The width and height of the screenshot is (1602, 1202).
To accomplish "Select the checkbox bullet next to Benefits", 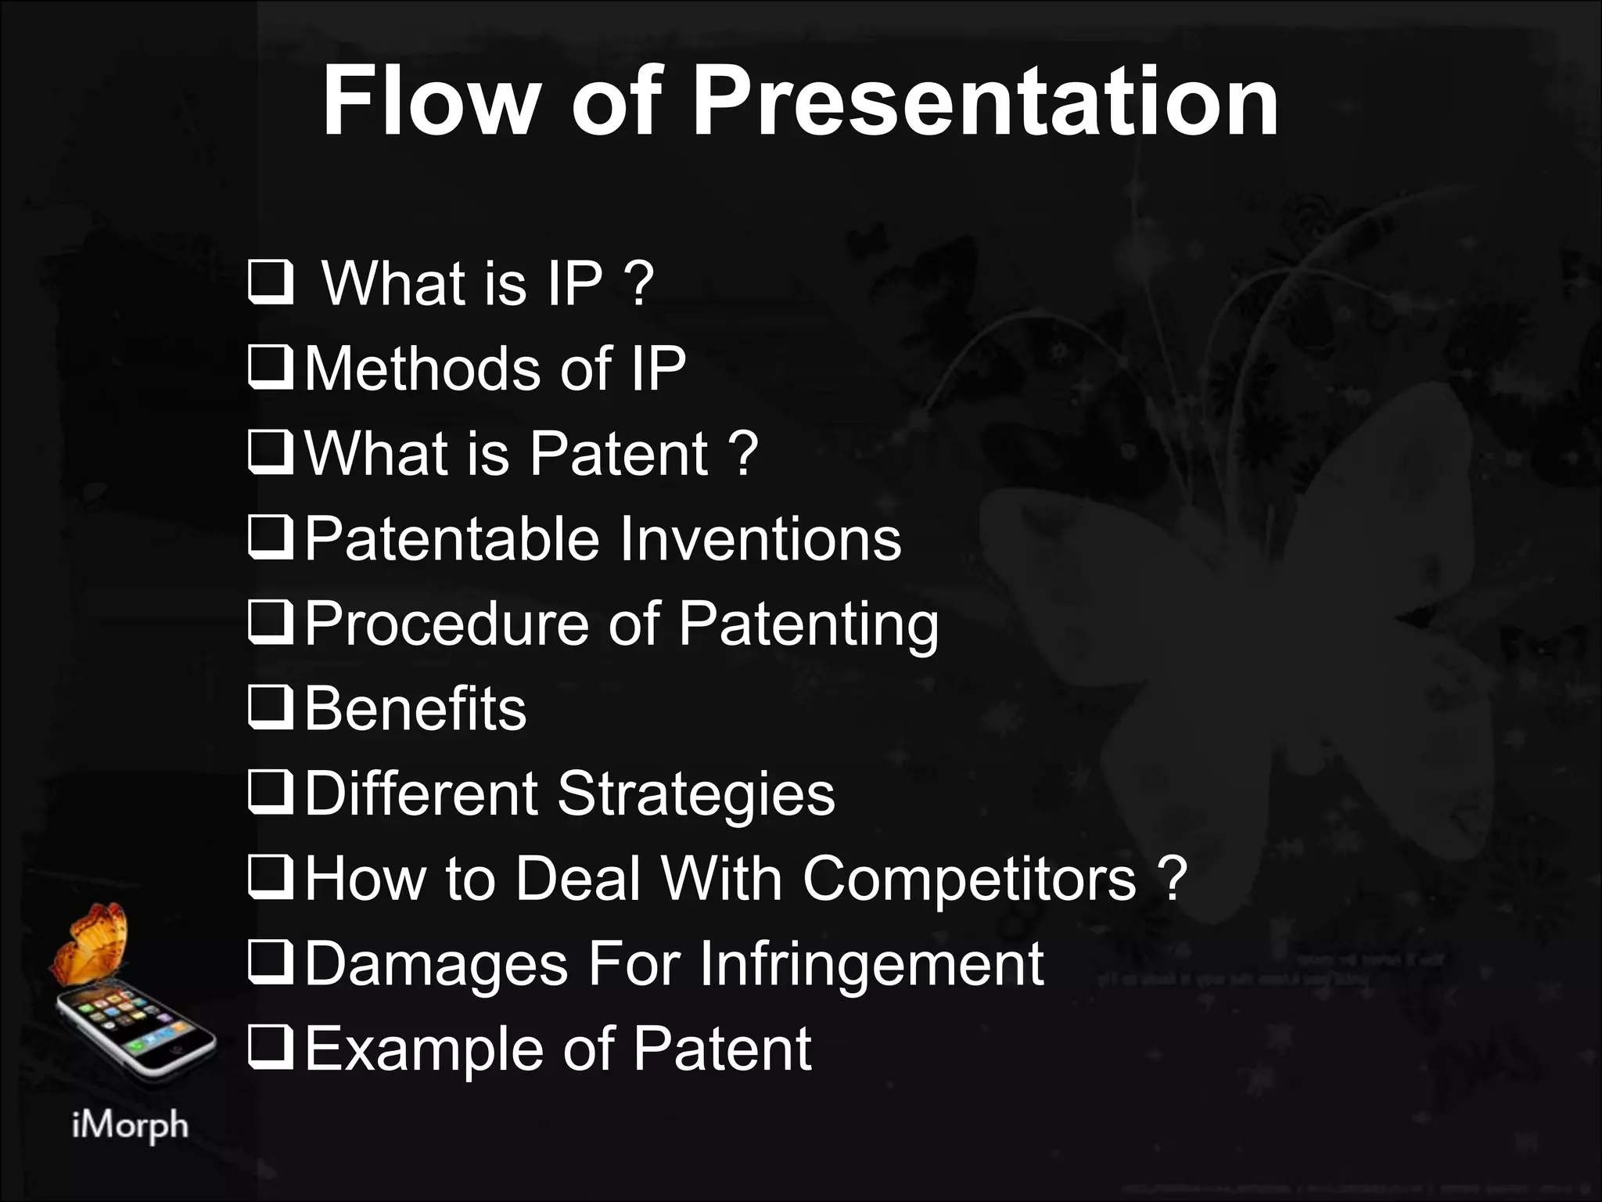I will click(x=271, y=709).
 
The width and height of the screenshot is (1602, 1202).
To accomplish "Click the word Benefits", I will click(x=415, y=709).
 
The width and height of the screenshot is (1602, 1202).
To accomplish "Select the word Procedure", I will click(x=447, y=624).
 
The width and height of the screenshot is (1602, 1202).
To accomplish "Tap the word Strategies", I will click(x=696, y=794).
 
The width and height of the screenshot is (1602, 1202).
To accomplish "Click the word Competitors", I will click(x=969, y=879).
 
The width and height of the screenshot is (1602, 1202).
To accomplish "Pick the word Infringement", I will click(x=871, y=964).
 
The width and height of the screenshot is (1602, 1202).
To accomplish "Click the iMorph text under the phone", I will click(x=130, y=1126).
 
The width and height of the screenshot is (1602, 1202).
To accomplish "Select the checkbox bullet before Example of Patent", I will click(x=271, y=1049).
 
